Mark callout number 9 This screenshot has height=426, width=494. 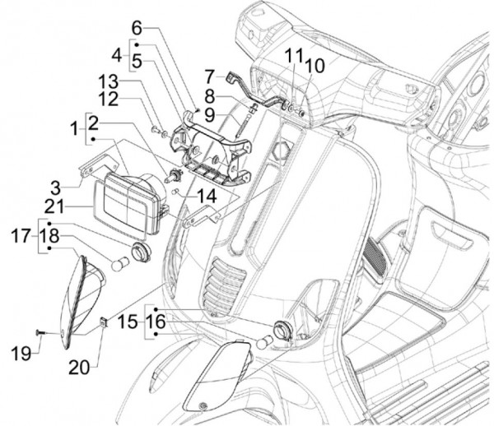coord(210,113)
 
